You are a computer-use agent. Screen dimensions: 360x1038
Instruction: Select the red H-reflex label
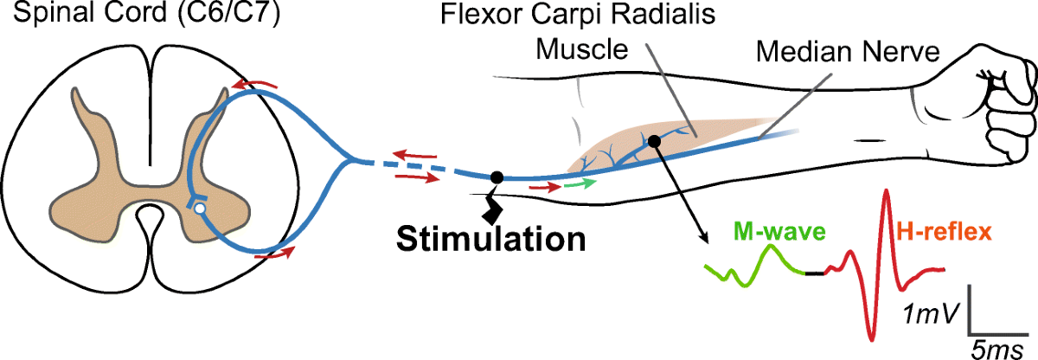(x=944, y=232)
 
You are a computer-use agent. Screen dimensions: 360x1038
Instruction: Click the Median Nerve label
(x=847, y=52)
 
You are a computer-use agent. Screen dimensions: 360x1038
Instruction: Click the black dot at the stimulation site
(x=497, y=177)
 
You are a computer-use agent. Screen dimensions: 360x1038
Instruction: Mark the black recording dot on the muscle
(x=654, y=140)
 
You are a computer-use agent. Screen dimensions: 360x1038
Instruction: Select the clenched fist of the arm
(x=999, y=87)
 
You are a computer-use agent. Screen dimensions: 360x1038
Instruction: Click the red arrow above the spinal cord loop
(x=256, y=83)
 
